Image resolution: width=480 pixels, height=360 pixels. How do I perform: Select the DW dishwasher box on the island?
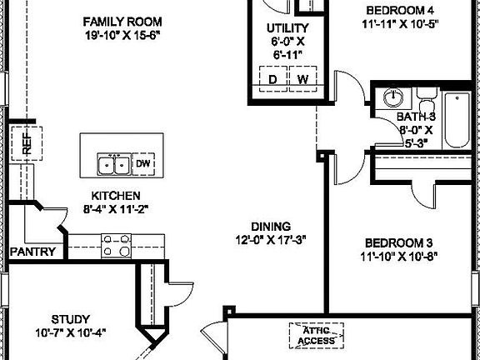pos(142,163)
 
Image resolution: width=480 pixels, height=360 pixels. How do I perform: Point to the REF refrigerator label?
pos(27,143)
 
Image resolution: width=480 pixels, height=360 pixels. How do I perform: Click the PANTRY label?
pos(32,252)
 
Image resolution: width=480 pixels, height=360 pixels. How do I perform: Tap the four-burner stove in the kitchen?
pos(118,245)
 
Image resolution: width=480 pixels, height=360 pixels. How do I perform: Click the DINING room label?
pos(271,226)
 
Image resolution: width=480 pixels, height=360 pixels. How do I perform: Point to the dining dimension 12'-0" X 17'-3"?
pos(271,240)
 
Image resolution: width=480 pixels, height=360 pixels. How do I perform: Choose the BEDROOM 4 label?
pos(401,10)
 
